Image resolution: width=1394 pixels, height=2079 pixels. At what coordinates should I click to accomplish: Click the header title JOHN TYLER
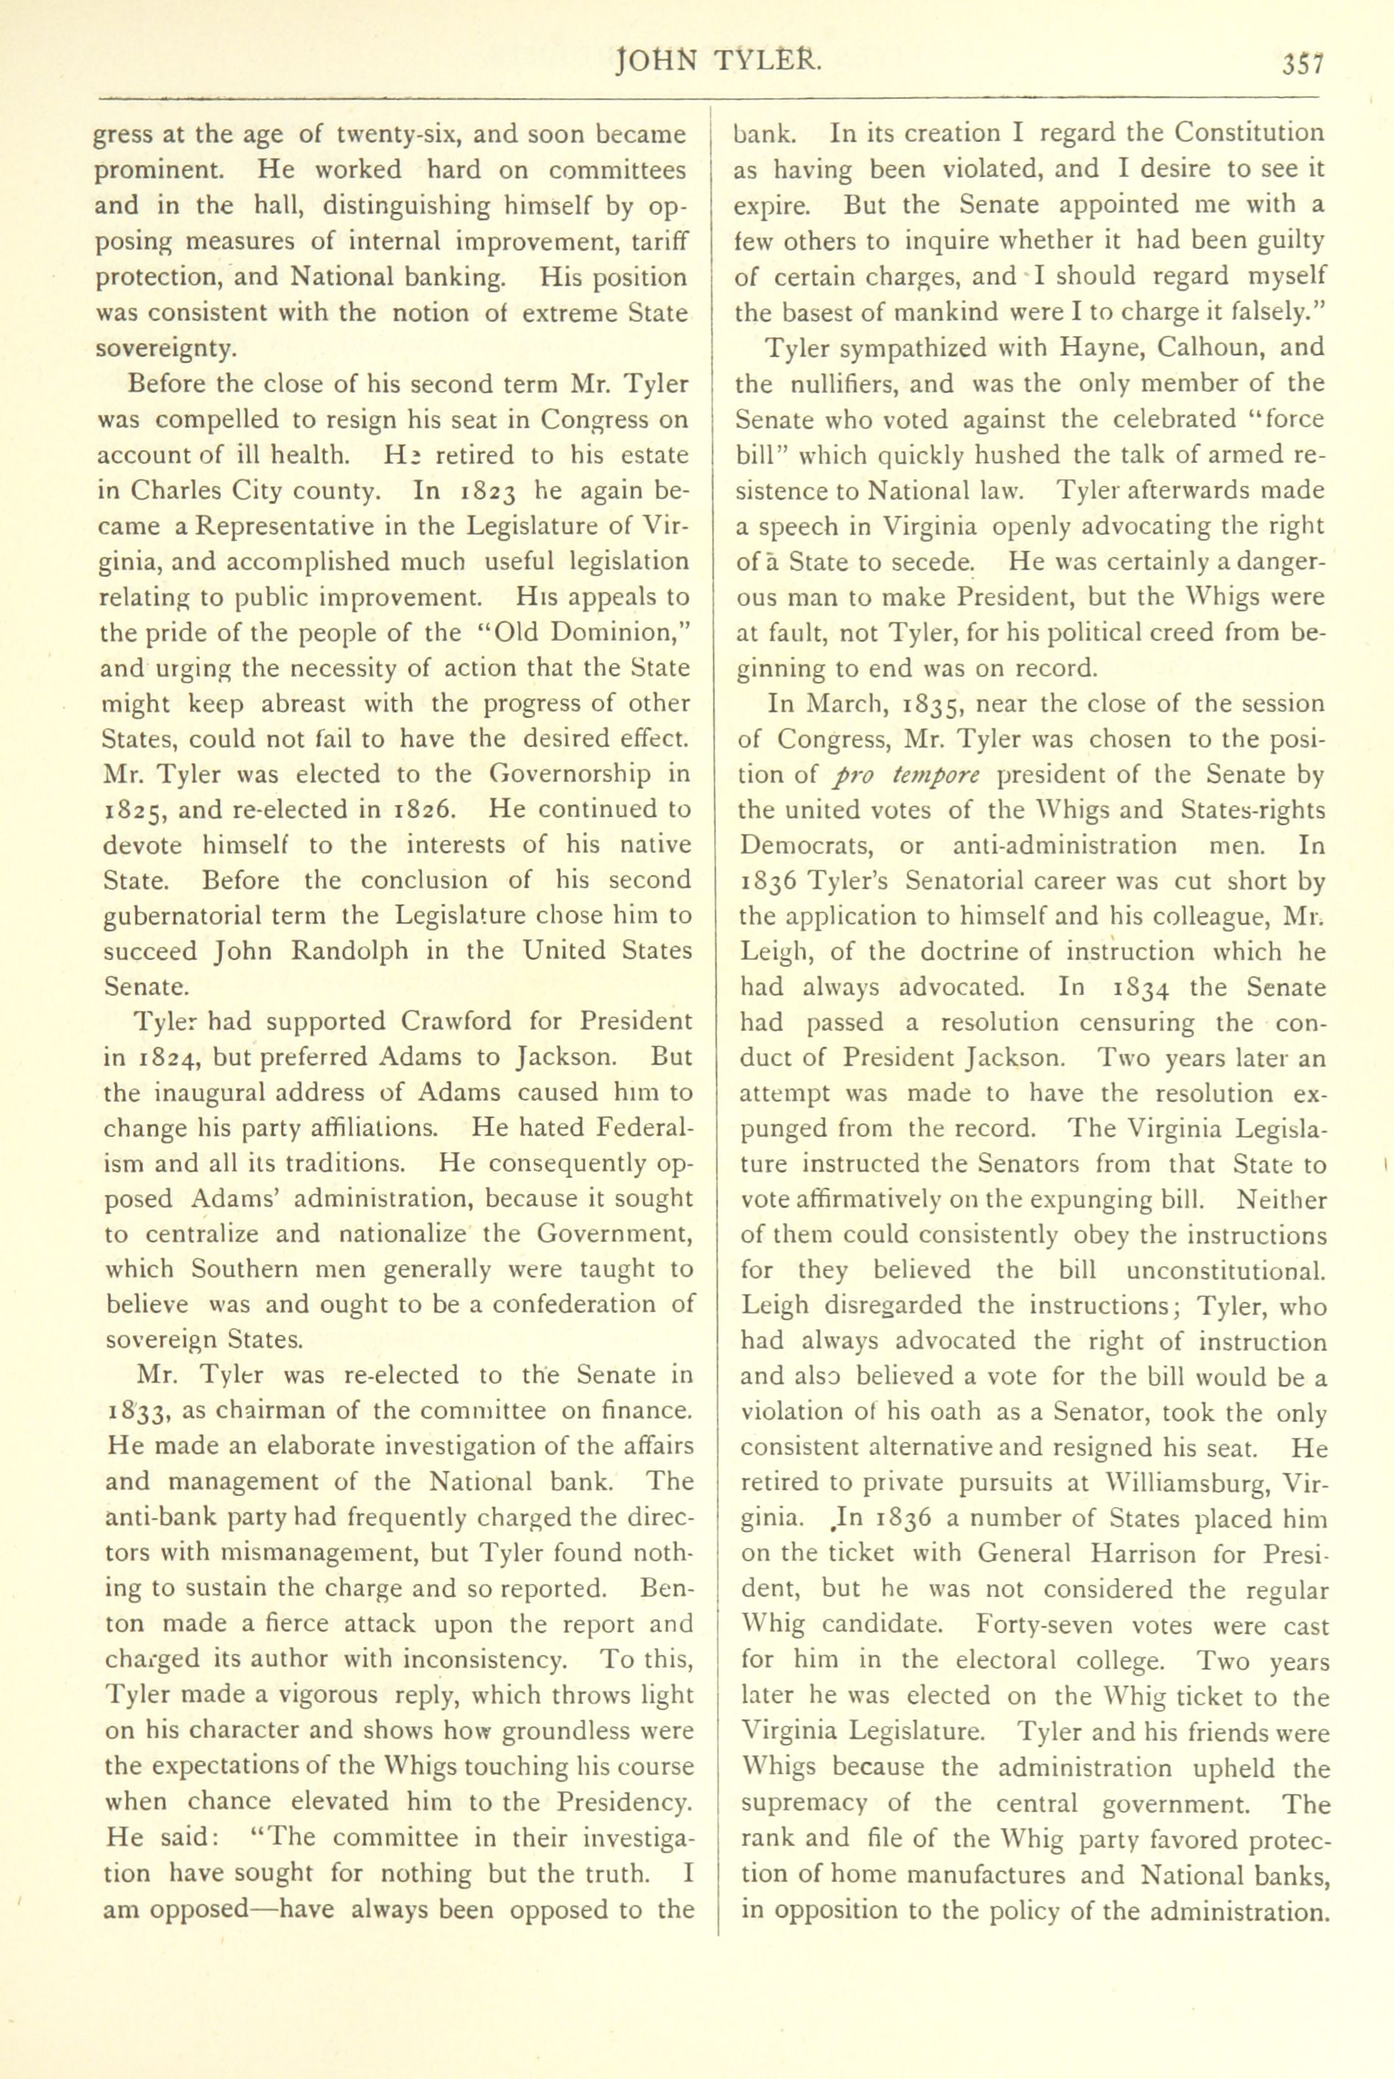pyautogui.click(x=719, y=62)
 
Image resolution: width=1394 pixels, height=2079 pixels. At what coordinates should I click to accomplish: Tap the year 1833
pyautogui.click(x=135, y=1411)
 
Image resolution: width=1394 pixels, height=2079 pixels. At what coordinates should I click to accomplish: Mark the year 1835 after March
pyautogui.click(x=933, y=705)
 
